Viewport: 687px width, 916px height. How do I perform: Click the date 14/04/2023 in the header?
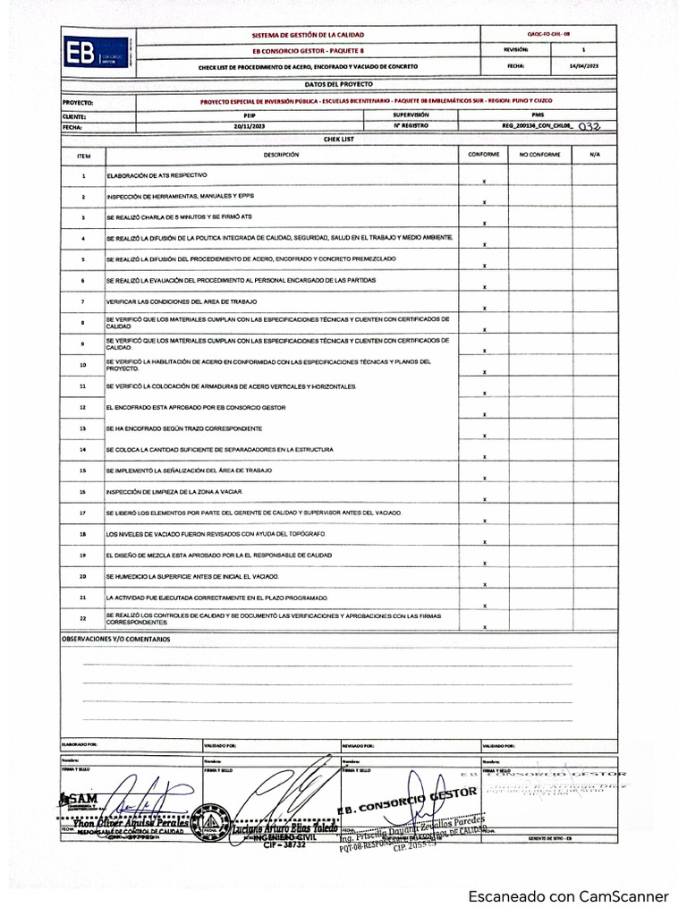point(583,66)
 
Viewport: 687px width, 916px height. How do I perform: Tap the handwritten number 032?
point(589,127)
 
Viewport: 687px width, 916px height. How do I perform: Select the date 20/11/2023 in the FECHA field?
point(250,127)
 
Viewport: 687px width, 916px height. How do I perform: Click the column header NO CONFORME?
point(539,155)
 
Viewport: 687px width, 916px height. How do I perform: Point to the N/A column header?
point(594,155)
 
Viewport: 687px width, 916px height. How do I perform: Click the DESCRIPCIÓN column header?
point(281,155)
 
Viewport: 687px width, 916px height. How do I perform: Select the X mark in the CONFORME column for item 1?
point(484,181)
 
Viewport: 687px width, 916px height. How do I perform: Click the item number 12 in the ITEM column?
point(82,407)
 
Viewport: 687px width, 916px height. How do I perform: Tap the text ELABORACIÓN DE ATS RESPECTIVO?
point(157,174)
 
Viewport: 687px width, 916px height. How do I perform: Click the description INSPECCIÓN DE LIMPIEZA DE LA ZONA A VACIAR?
point(174,492)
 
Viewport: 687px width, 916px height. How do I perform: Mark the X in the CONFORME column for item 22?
point(484,626)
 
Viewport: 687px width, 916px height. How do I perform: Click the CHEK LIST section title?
point(338,140)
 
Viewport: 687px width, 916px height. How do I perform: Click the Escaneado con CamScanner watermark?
point(569,895)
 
